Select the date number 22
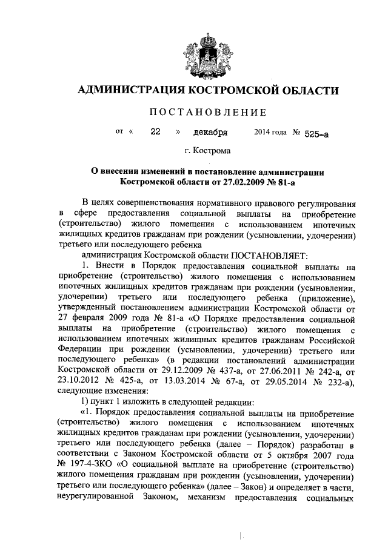coord(155,131)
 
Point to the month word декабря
coord(210,131)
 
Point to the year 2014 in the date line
coord(262,131)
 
